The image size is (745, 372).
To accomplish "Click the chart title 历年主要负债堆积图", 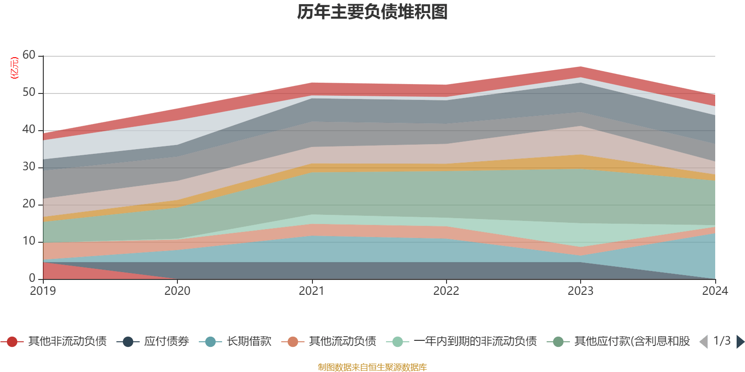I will coord(372,12).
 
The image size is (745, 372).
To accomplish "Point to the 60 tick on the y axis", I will coord(29,55).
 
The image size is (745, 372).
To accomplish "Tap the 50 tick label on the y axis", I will coord(29,93).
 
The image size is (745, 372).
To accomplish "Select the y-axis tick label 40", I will coord(29,130).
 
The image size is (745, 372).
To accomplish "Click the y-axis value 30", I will coord(29,167).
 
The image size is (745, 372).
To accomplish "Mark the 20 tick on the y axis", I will coord(29,204).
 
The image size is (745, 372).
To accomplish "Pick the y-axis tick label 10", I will coord(29,241).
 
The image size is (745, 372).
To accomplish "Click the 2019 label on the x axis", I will coord(43,291).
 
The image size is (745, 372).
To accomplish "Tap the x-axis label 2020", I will coord(177,291).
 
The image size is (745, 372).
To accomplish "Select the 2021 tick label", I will coord(312,291).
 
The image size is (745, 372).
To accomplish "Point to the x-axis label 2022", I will coord(446,291).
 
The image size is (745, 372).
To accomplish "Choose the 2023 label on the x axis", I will coord(580,291).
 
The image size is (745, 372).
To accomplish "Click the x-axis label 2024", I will coord(715,291).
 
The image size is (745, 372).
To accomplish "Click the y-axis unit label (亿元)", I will coord(14,68).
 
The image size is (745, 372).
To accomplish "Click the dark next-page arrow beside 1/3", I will coord(740,342).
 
